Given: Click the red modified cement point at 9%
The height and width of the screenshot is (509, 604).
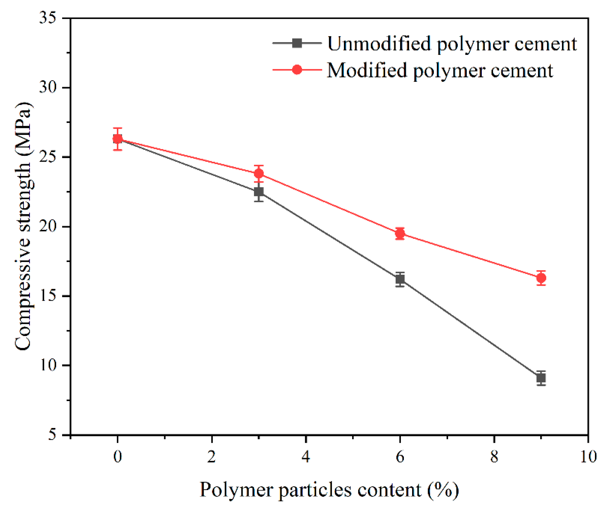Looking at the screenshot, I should [541, 278].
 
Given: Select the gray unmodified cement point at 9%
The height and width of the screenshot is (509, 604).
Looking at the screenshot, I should [541, 378].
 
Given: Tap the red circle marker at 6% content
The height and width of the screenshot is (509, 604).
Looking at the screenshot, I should [400, 233].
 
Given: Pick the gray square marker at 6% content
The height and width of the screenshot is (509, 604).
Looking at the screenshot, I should [400, 279].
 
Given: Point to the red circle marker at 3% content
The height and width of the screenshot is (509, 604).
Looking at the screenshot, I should [259, 173].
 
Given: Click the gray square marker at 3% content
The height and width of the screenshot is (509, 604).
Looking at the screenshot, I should [259, 192].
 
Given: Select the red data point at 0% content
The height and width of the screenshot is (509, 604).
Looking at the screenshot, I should [117, 139].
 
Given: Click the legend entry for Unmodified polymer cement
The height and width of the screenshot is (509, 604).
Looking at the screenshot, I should [452, 44].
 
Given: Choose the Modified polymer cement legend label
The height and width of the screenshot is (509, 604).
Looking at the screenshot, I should [440, 70].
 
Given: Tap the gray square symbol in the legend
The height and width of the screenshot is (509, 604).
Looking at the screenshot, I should [297, 43].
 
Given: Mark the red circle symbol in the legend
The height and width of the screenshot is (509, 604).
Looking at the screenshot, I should [297, 69].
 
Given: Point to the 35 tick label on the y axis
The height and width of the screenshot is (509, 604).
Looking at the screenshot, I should [48, 18].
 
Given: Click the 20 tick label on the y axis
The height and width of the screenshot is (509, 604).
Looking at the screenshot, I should [48, 227].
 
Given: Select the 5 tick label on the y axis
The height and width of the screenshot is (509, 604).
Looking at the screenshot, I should [52, 435].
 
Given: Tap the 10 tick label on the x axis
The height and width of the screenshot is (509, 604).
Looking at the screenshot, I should [588, 457].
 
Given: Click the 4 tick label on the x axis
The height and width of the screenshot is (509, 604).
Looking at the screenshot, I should [306, 457].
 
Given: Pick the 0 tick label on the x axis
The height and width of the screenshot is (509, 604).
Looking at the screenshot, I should [117, 457].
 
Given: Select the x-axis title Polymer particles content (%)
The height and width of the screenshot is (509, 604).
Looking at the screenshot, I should [329, 490].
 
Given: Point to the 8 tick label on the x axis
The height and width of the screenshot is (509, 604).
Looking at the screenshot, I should [494, 457].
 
